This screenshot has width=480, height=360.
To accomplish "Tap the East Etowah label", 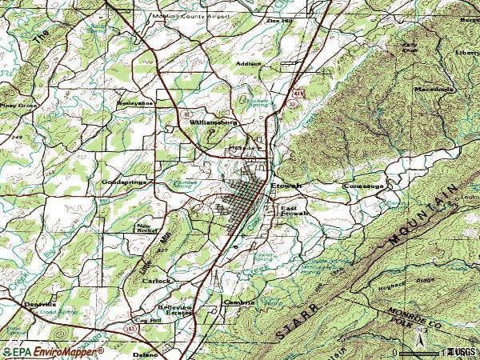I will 294,212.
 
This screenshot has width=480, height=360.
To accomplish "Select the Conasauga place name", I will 364,186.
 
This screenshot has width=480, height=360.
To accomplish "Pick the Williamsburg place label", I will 214,122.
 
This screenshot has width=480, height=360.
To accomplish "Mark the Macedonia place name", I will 434,89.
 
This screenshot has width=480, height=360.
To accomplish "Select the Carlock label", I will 157,281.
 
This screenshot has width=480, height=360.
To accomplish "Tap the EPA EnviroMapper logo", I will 53,351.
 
